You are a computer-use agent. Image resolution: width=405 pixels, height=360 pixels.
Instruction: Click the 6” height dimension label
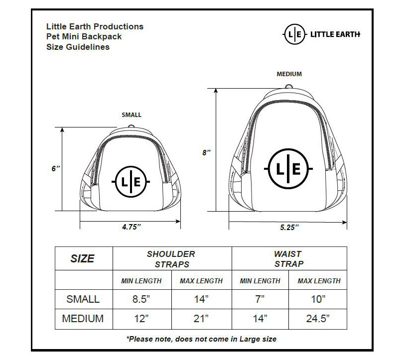point(55,169)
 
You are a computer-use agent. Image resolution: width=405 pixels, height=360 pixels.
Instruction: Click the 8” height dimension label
point(206,153)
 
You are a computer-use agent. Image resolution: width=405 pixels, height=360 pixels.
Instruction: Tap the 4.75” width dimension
point(132,227)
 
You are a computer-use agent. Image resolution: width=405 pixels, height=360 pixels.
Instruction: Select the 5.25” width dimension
point(289,227)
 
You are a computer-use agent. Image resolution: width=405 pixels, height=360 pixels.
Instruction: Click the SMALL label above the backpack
point(132,115)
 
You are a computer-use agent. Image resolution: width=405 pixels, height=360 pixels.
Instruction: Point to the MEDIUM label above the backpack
point(289,74)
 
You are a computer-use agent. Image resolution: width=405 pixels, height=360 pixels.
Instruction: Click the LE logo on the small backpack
point(131,182)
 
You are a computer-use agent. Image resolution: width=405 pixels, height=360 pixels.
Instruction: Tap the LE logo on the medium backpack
point(288,169)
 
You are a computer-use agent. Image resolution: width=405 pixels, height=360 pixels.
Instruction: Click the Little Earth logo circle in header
point(295,34)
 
